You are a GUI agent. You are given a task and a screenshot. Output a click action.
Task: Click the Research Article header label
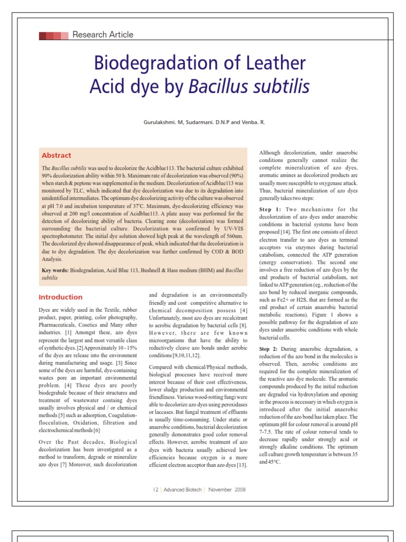click(103, 35)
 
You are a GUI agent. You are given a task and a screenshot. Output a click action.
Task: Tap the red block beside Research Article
click(53, 35)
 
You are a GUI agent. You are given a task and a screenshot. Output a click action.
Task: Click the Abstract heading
click(56, 156)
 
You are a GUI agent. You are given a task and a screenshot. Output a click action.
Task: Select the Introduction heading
click(61, 297)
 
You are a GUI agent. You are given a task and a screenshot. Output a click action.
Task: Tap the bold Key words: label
click(55, 270)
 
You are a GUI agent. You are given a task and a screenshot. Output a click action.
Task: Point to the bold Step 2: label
click(272, 350)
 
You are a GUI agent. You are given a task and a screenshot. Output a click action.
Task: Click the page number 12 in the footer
click(155, 490)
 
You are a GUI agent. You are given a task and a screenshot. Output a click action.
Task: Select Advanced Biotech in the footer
click(182, 490)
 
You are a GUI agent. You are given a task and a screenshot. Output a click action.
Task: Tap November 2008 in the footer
click(227, 490)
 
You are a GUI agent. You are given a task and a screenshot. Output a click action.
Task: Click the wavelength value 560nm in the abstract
click(233, 237)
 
